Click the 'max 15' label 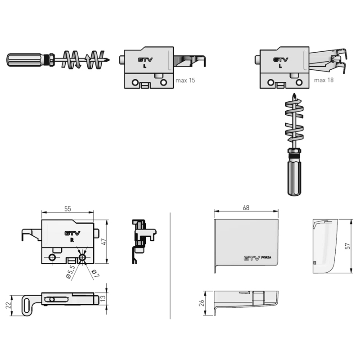click(185, 81)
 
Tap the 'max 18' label click(324, 80)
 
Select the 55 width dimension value click(68, 209)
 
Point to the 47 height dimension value click(104, 242)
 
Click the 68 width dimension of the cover click(246, 207)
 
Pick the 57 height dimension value click(348, 246)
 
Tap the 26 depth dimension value click(201, 303)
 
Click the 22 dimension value click(8, 306)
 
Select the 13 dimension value click(103, 298)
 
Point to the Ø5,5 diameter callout click(70, 272)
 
